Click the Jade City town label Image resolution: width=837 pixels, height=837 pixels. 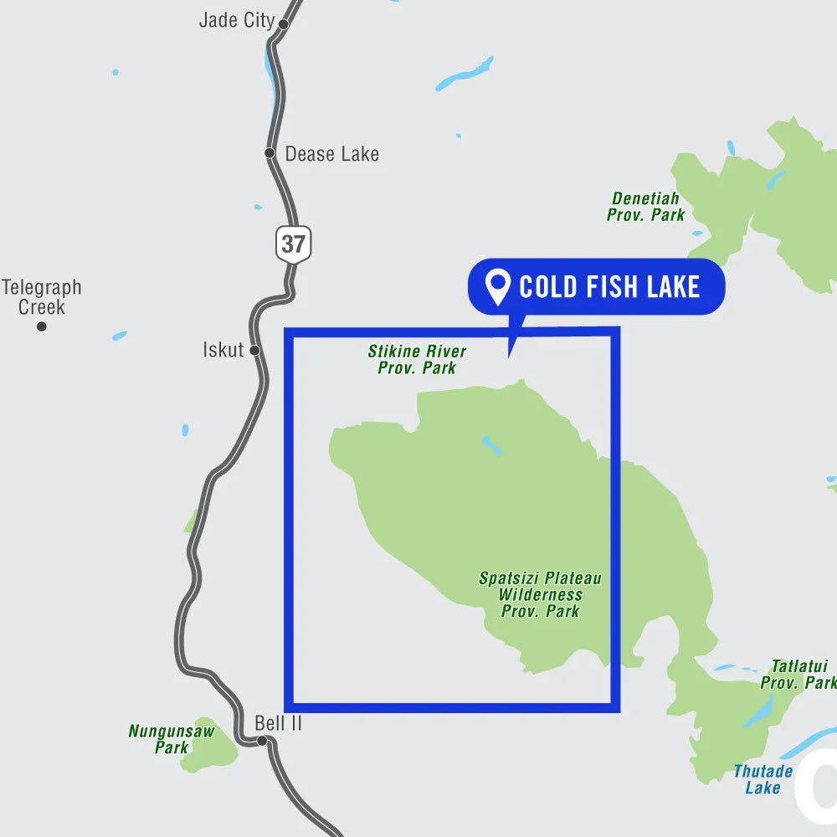[237, 21]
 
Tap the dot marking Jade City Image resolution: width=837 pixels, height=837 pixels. [283, 24]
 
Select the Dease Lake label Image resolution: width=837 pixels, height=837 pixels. [331, 154]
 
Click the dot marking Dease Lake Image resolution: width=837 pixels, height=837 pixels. [270, 153]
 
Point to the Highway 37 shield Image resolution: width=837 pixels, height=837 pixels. [293, 244]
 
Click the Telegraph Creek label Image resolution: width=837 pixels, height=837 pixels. [42, 297]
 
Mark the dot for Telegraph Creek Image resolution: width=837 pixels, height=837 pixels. [41, 326]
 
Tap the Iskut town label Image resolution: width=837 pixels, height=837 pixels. [223, 350]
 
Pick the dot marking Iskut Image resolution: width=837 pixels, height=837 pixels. [254, 350]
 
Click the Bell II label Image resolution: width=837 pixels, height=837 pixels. [279, 723]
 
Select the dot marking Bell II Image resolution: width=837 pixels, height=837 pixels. [262, 741]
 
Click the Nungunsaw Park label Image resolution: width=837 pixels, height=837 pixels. [172, 739]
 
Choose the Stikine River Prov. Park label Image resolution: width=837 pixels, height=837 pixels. [417, 359]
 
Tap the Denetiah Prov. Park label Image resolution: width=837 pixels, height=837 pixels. [645, 207]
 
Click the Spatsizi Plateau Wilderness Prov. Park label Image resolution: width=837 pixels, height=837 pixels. [540, 594]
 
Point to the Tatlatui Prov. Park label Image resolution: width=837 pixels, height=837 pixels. [798, 675]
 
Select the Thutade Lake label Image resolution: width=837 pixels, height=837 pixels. [763, 779]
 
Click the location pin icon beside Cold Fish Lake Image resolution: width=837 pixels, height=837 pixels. [500, 288]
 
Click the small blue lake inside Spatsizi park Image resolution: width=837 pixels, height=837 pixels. [491, 445]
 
